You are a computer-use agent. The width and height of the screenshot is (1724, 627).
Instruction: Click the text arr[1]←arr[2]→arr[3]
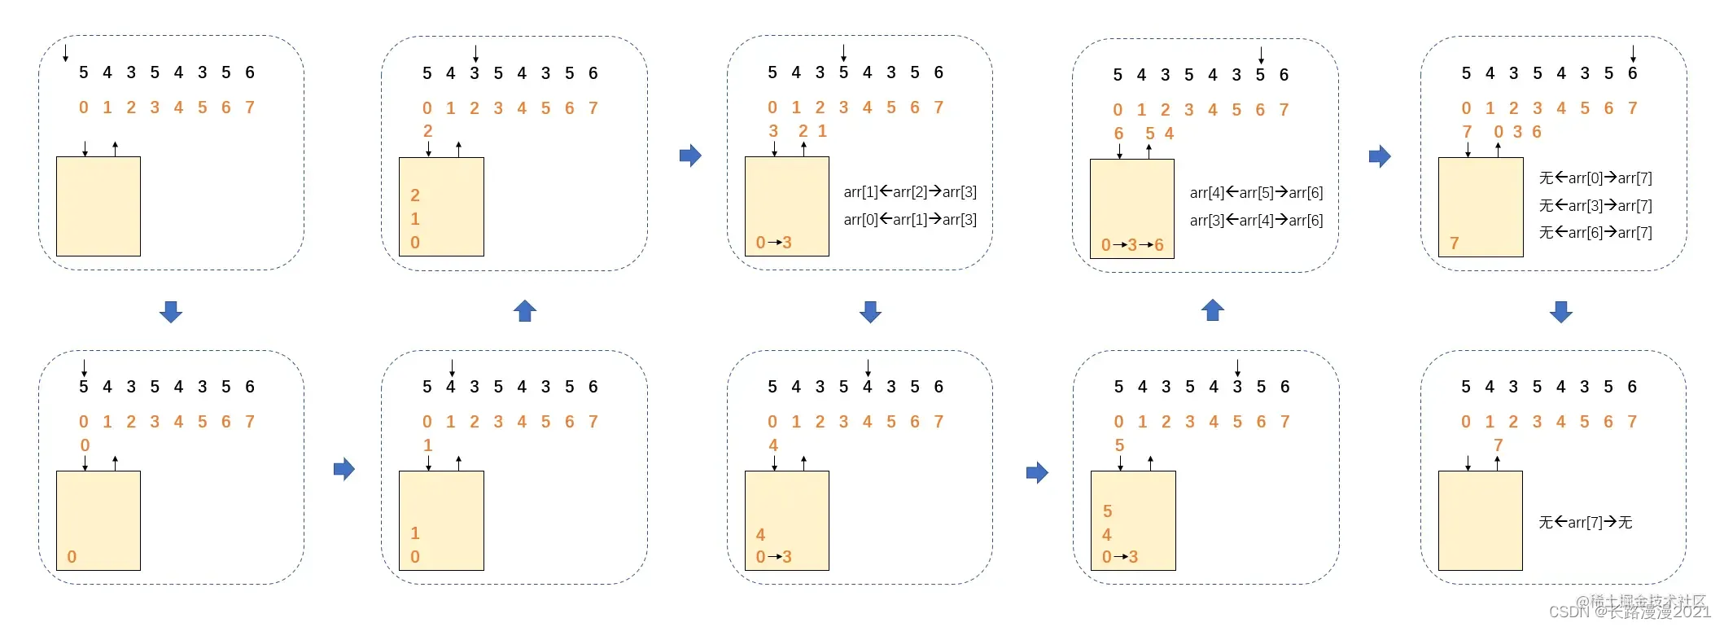pyautogui.click(x=910, y=192)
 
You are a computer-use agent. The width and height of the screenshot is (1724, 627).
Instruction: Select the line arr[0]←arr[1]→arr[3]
pyautogui.click(x=910, y=220)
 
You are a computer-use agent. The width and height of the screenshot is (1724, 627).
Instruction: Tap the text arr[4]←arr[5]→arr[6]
pyautogui.click(x=1256, y=193)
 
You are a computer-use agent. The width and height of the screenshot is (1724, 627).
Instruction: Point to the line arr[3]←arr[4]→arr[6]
pyautogui.click(x=1256, y=221)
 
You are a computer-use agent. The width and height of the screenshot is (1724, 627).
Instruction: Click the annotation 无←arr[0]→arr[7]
pyautogui.click(x=1595, y=178)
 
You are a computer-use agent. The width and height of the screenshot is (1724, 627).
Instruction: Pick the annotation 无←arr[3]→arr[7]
pyautogui.click(x=1595, y=206)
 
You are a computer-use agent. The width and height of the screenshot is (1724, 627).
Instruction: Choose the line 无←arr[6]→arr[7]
pyautogui.click(x=1595, y=233)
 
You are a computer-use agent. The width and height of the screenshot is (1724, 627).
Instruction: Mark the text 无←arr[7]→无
pyautogui.click(x=1585, y=523)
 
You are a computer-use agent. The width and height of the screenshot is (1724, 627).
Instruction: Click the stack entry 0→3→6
pyautogui.click(x=1132, y=245)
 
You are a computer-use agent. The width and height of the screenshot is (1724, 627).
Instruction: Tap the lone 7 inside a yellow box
pyautogui.click(x=1454, y=243)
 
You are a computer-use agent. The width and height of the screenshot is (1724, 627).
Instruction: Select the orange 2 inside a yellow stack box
pyautogui.click(x=415, y=195)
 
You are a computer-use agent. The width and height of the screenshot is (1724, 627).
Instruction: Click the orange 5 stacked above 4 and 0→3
pyautogui.click(x=1107, y=511)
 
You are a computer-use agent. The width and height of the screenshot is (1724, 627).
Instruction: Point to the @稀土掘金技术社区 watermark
pyautogui.click(x=1640, y=601)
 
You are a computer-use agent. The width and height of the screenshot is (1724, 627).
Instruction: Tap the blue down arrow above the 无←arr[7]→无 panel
pyautogui.click(x=1560, y=312)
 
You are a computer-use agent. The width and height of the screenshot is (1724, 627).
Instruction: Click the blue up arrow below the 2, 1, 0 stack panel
pyautogui.click(x=525, y=311)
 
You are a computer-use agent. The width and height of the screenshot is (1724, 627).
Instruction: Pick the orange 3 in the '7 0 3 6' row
pyautogui.click(x=1517, y=132)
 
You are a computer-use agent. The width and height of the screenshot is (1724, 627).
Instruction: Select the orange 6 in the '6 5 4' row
pyautogui.click(x=1118, y=134)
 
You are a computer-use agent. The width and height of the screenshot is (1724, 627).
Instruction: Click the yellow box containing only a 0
pyautogui.click(x=98, y=521)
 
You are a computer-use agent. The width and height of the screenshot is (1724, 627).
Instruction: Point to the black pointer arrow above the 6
pyautogui.click(x=1632, y=55)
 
